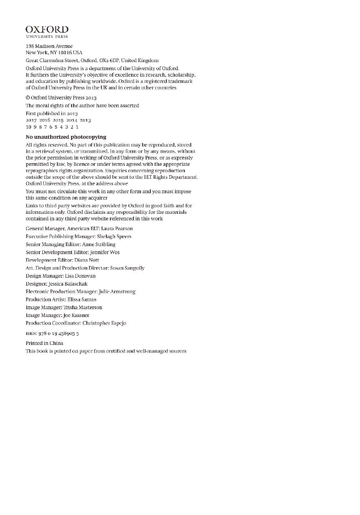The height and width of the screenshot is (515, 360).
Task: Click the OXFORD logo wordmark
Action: [47, 30]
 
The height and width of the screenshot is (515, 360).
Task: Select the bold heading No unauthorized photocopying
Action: [66, 137]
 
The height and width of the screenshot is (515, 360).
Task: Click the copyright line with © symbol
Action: [61, 98]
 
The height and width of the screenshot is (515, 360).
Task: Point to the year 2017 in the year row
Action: [31, 120]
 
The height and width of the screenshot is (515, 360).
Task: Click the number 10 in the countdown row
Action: [29, 127]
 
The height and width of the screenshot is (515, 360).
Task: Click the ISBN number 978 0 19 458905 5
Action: [58, 333]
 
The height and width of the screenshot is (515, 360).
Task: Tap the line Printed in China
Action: [44, 343]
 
